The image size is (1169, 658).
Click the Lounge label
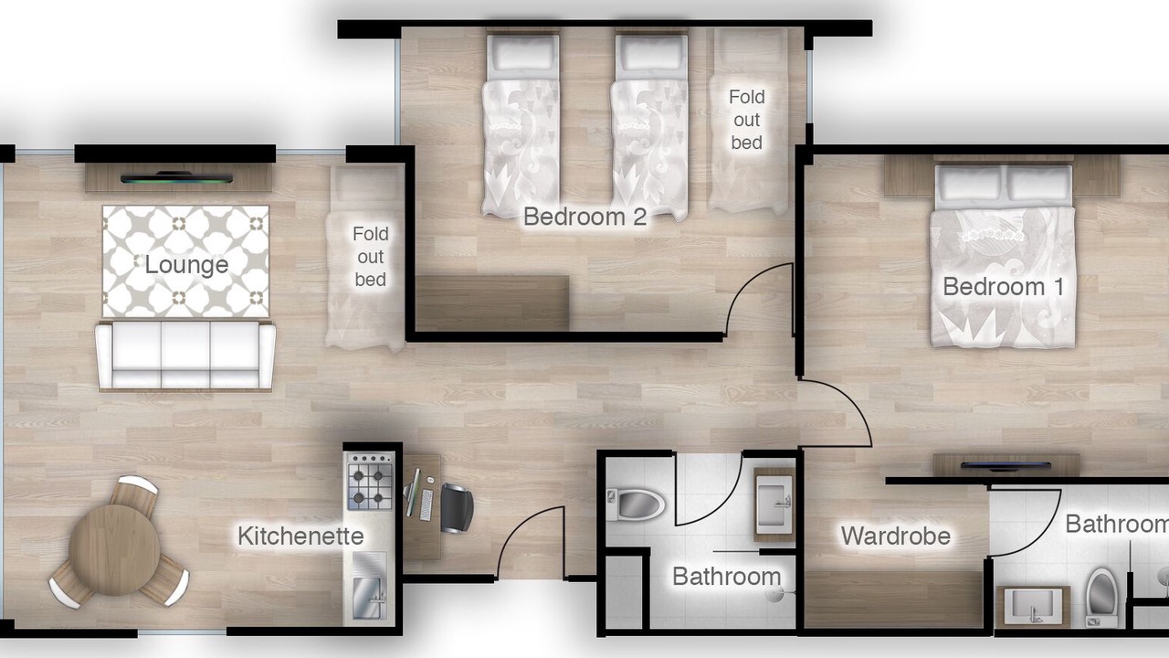[x=186, y=265]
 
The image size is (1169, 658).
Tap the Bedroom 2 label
[x=585, y=217]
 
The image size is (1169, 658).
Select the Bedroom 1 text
[x=1003, y=287]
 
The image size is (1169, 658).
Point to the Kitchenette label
[x=300, y=536]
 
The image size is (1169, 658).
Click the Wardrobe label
[x=896, y=536]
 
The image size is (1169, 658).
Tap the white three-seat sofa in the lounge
[x=185, y=356]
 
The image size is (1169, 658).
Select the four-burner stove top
[x=371, y=482]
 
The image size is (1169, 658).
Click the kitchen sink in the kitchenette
[x=370, y=599]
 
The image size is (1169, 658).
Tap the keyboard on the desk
[x=427, y=505]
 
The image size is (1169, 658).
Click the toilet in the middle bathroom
[x=635, y=504]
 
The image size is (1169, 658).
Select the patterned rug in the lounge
[x=185, y=261]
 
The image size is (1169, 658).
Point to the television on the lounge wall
[x=176, y=178]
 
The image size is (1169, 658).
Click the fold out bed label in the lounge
[x=371, y=257]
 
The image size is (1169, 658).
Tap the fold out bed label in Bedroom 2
[x=747, y=120]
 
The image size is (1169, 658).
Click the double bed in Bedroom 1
[x=1003, y=257]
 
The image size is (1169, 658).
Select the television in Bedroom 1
[x=1006, y=465]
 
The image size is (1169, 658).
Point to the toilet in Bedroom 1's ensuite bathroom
[x=1101, y=597]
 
